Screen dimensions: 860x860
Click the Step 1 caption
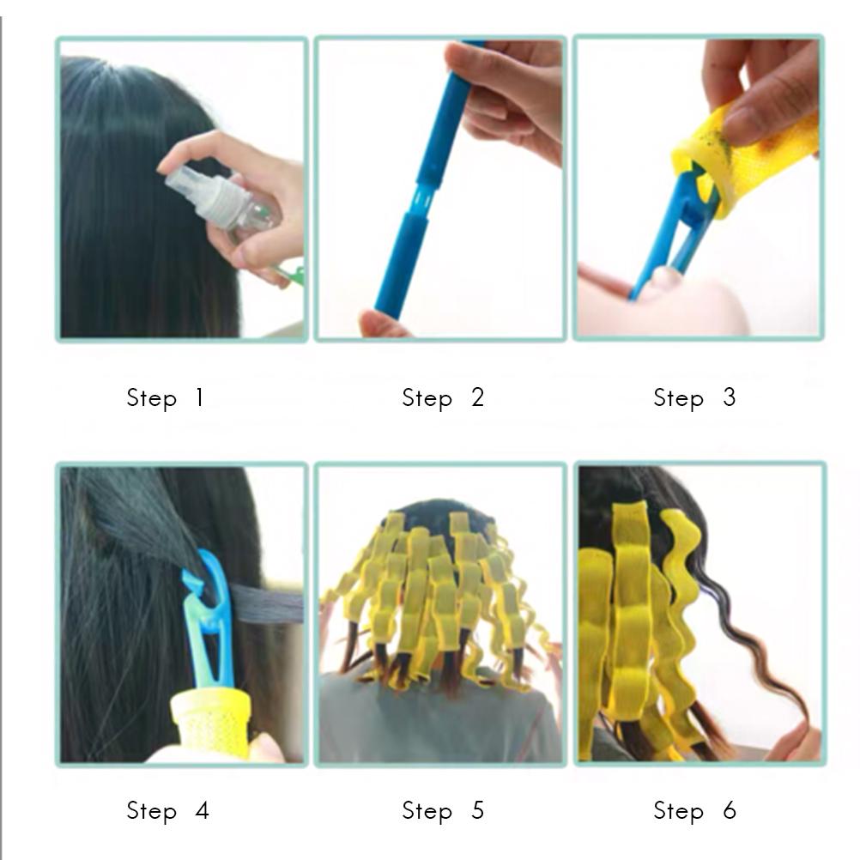[165, 398]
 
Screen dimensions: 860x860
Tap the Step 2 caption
[443, 398]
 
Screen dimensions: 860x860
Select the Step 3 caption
[694, 398]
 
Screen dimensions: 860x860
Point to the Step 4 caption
[167, 810]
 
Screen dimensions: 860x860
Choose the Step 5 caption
[443, 810]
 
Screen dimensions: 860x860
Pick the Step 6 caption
[694, 810]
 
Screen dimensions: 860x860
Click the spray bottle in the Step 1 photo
[222, 200]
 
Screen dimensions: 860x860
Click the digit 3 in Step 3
[729, 397]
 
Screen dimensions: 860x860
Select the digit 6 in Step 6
[730, 810]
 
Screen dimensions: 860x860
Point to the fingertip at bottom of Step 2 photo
[384, 324]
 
